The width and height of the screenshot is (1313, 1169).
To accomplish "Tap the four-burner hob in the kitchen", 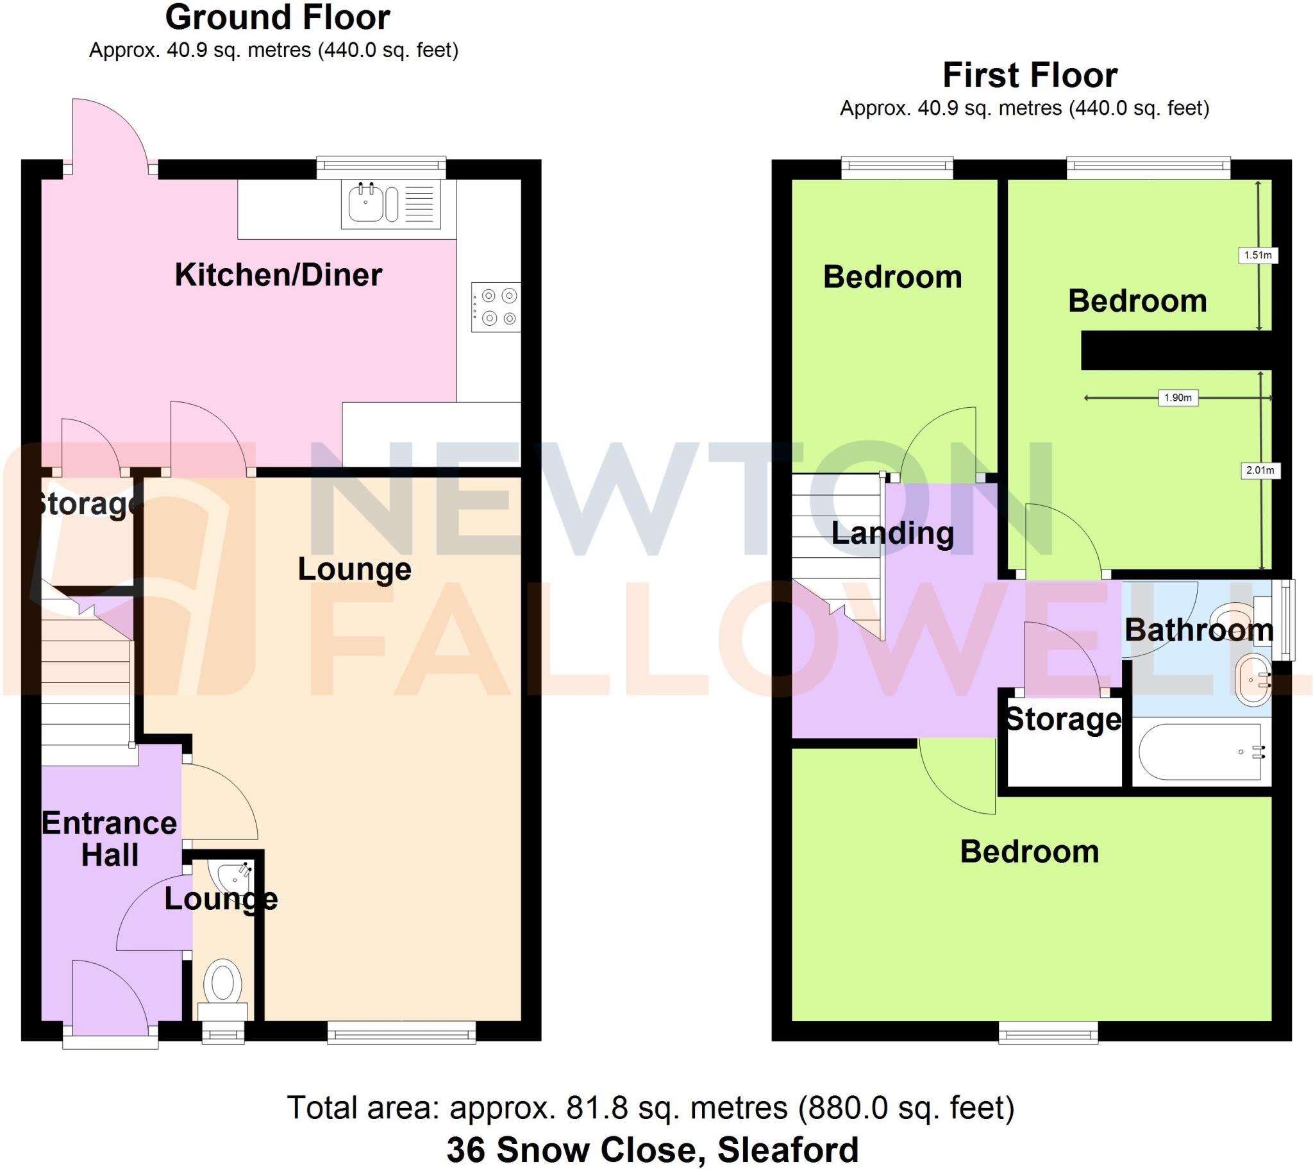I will pos(496,307).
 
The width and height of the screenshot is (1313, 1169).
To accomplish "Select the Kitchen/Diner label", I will pos(278,275).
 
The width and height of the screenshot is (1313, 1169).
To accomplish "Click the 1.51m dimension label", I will pos(1258,255).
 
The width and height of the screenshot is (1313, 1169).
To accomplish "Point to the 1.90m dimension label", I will pos(1178,398).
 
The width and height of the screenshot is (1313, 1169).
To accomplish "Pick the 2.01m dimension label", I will pos(1260,471).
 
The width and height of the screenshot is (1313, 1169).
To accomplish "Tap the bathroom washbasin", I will pos(1253,680).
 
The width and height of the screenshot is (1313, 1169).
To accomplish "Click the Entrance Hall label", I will pos(109,839).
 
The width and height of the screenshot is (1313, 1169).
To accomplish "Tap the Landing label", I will pos(892,533).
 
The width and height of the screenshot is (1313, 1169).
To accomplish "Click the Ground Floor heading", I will pos(278,17).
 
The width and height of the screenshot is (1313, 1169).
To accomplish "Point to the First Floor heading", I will pos(1030,75).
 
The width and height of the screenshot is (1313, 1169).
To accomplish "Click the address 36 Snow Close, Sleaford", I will pos(652,1150).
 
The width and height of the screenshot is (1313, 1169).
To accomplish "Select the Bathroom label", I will pos(1199,630).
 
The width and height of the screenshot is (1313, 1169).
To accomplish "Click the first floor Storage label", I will pos(1063,718).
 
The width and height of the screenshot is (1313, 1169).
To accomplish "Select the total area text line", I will pos(650,1107).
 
